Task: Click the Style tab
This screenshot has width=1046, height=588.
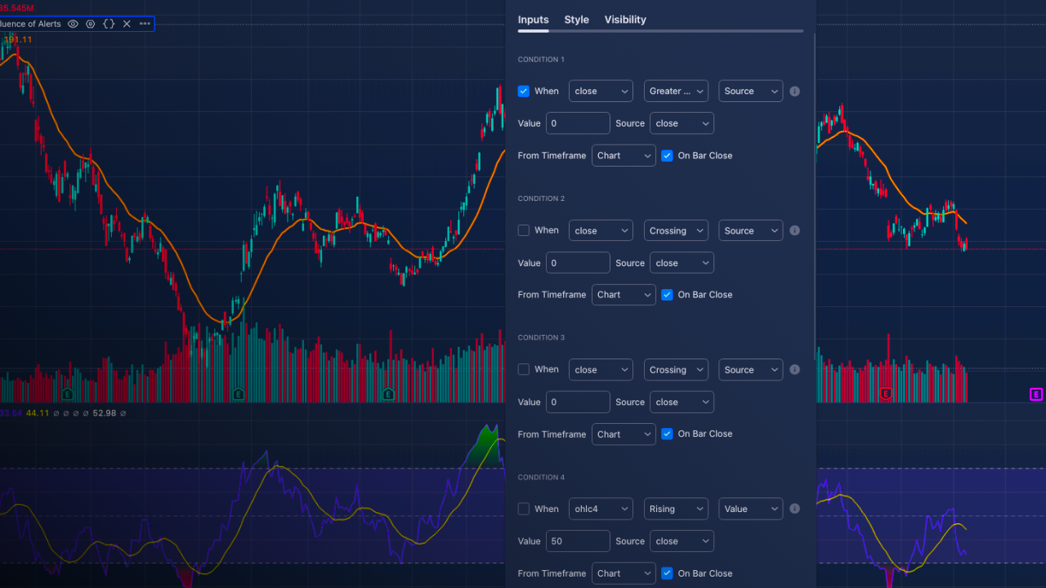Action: [x=576, y=20]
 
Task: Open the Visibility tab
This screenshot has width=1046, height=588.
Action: [x=625, y=20]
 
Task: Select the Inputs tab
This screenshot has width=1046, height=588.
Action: [x=533, y=20]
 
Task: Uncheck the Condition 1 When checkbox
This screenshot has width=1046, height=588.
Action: [x=524, y=91]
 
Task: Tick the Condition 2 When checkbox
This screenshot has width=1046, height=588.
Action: [x=524, y=230]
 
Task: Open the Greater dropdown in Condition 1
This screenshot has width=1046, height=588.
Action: [x=676, y=91]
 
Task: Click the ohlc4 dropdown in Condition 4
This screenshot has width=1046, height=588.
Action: [x=601, y=509]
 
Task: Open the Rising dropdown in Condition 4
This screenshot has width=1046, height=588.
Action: [x=676, y=509]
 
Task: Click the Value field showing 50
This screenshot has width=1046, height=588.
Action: [x=578, y=541]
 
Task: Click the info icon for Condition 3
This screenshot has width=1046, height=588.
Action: [x=794, y=370]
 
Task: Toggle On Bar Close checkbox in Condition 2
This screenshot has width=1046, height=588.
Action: [x=668, y=295]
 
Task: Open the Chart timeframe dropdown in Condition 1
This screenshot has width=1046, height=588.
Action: [x=624, y=156]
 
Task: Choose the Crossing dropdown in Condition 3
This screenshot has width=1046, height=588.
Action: [x=676, y=370]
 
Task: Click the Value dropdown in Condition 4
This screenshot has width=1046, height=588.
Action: [x=750, y=509]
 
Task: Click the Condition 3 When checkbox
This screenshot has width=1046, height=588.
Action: [x=524, y=370]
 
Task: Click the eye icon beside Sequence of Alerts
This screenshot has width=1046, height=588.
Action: [x=73, y=24]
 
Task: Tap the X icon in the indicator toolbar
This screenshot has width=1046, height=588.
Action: [x=127, y=24]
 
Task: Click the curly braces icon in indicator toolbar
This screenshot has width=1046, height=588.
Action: [x=109, y=24]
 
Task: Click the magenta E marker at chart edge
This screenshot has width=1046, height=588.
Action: [x=1036, y=394]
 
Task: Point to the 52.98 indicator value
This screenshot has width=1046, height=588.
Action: [x=105, y=413]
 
